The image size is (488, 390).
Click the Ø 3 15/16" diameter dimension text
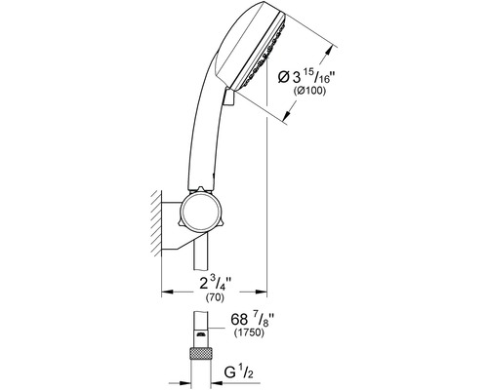[x=306, y=77]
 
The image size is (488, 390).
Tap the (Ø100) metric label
[x=309, y=92]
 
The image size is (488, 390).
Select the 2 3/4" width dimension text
[x=216, y=284]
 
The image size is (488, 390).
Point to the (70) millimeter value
[x=215, y=297]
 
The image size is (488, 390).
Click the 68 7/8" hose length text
[x=251, y=320]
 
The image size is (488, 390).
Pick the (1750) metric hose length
[x=249, y=333]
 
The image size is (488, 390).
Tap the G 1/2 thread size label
[x=238, y=372]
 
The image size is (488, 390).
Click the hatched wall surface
[x=156, y=224]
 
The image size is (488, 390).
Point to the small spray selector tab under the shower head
[x=228, y=97]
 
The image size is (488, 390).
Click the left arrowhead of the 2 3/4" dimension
[x=167, y=292]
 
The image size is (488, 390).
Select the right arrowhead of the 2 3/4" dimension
[x=262, y=292]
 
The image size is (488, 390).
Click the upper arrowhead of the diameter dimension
[x=330, y=51]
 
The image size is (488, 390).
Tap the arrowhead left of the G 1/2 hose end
[x=185, y=383]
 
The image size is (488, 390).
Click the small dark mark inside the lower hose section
[x=201, y=334]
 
